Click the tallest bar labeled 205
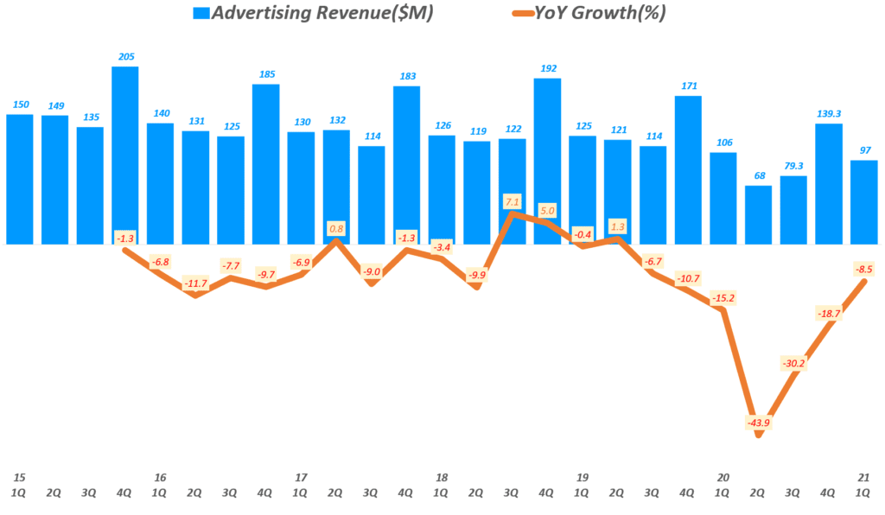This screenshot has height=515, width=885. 124,156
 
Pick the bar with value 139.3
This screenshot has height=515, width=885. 829,183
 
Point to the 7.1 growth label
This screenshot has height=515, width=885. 512,202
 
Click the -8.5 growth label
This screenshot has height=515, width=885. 864,269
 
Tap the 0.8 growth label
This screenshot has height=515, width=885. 336,229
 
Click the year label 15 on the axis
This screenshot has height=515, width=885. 18,476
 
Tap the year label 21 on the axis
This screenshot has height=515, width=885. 863,476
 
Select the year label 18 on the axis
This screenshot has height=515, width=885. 441,476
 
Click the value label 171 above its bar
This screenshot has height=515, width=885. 688,86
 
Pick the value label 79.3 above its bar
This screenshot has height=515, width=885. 793,165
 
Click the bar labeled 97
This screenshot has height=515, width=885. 863,202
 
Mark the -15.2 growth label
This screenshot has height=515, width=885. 723,298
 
